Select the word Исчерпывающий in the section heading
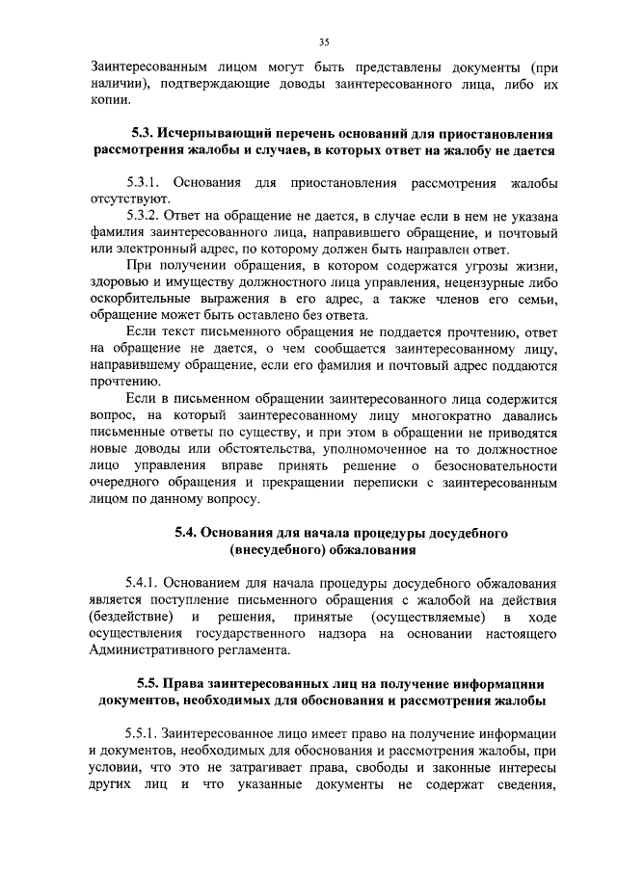tap(218, 134)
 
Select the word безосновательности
tap(487, 467)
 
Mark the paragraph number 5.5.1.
tap(144, 731)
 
